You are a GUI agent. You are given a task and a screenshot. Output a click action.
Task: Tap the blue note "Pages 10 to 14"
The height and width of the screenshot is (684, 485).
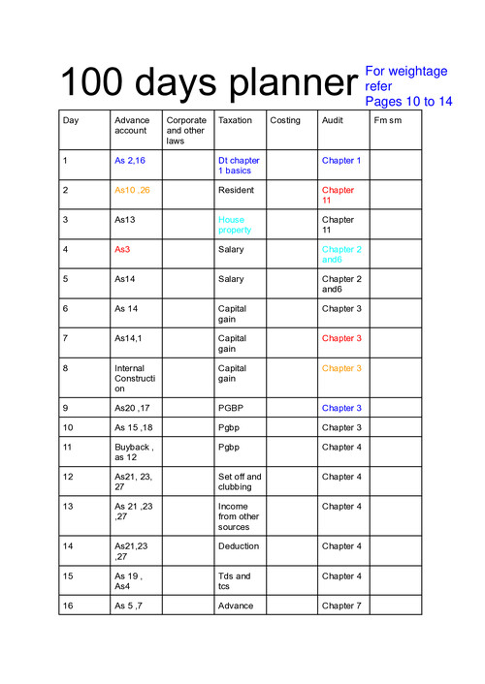coord(408,101)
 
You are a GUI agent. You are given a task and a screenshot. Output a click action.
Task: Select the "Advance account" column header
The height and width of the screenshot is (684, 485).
coord(131,125)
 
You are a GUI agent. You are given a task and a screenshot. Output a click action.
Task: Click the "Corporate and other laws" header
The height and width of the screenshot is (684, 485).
coord(186,131)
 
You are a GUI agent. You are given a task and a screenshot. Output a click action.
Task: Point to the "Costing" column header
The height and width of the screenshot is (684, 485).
coord(285,120)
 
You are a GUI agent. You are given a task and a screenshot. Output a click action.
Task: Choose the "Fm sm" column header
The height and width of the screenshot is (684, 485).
coord(388,120)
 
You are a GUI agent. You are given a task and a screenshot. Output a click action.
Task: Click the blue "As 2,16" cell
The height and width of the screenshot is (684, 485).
coord(130,161)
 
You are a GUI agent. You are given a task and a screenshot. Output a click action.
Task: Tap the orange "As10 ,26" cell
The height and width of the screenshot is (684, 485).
coord(132,190)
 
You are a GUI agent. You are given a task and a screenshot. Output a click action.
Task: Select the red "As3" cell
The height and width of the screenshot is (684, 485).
coord(122,249)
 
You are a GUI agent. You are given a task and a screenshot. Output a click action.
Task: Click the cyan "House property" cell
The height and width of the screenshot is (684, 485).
coord(235,225)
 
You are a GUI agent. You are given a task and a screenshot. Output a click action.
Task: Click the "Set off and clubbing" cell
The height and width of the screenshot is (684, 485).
coord(240,482)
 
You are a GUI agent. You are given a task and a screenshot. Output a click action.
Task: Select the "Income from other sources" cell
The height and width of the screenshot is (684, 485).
coord(240,516)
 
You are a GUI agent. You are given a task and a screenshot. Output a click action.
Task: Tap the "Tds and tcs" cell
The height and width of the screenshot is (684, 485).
coord(235,580)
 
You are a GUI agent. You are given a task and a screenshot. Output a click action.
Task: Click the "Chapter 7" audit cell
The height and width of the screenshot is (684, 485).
coord(341,606)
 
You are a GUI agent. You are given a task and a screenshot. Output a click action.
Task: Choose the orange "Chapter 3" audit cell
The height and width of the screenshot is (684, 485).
coord(341,368)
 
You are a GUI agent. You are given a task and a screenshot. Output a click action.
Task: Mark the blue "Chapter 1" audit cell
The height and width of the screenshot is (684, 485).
coord(340,161)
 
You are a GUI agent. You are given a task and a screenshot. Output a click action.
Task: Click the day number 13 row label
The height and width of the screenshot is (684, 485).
coord(68,507)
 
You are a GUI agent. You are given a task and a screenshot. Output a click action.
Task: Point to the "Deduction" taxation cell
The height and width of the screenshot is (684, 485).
coord(239,545)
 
